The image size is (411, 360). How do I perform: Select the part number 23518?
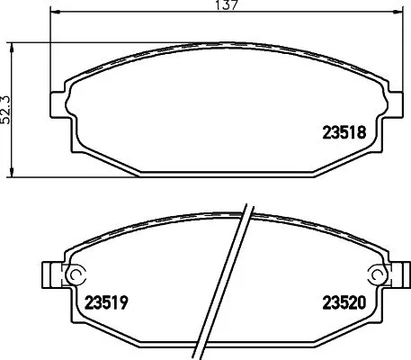tap(342, 130)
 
